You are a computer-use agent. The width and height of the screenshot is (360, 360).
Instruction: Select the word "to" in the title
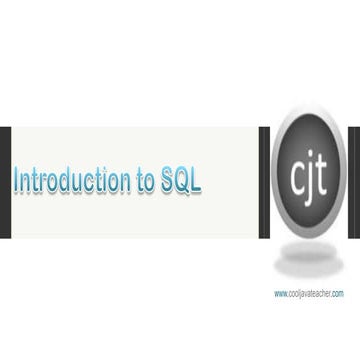click(144, 181)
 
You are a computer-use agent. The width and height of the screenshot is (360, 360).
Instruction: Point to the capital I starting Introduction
click(14, 181)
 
